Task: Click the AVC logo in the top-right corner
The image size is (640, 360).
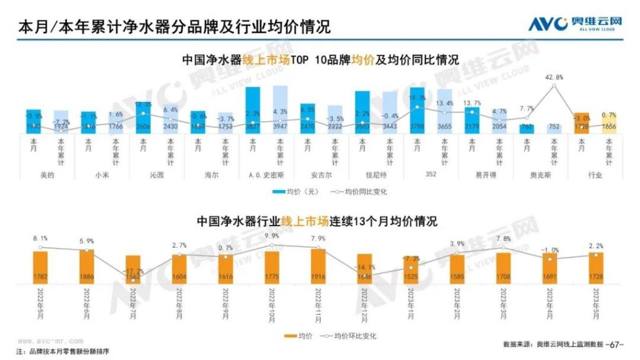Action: [575, 24]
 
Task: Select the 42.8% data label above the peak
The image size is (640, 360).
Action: [554, 77]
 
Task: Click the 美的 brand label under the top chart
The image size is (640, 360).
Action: [47, 175]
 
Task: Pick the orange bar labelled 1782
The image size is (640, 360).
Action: [41, 268]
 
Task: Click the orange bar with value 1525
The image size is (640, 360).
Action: [411, 272]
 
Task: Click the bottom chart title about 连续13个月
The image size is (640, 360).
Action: [317, 221]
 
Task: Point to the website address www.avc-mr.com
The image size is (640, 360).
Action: [51, 341]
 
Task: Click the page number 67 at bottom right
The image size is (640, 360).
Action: [616, 344]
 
